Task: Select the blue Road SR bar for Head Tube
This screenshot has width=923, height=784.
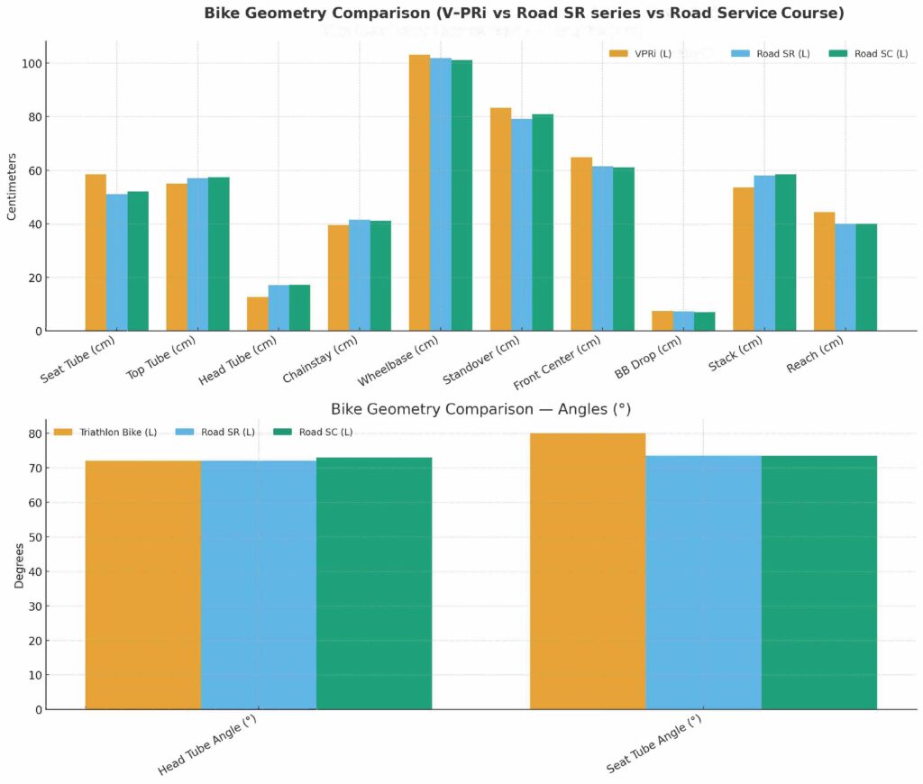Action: pos(279,308)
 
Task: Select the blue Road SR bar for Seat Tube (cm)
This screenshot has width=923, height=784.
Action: pos(116,262)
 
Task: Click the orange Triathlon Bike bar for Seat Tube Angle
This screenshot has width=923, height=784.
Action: pos(588,571)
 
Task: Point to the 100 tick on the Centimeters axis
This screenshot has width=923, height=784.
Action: pos(32,64)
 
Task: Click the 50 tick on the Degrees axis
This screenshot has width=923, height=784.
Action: pos(32,537)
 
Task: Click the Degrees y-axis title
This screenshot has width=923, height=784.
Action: pos(19,565)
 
